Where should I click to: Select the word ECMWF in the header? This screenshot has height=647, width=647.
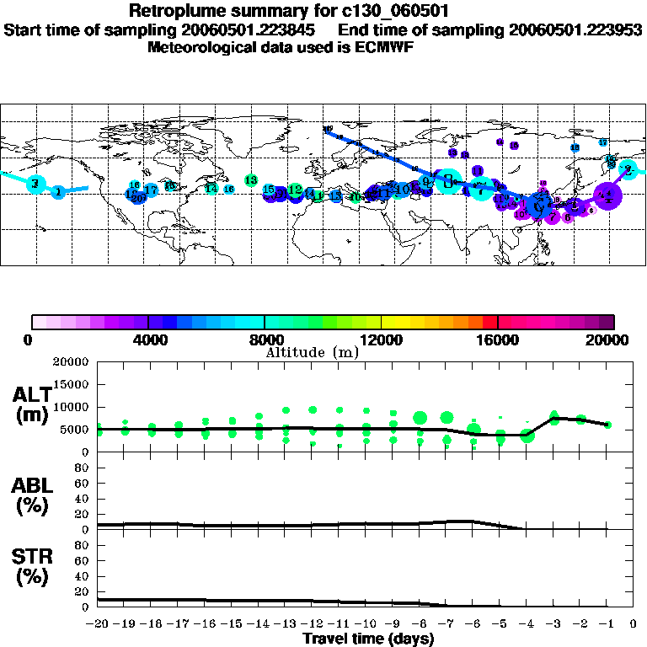coord(384,47)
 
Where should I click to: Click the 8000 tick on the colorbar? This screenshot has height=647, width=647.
coord(265,340)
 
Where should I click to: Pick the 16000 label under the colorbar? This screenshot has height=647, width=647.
coord(497,340)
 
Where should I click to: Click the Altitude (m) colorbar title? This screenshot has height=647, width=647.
coord(311,352)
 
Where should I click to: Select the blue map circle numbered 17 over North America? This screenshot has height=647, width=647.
coord(151,190)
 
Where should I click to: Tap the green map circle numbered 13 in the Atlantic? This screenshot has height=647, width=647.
coord(250,180)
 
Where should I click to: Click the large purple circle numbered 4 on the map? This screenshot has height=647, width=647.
coord(607,195)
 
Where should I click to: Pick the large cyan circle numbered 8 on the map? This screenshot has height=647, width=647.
coord(448,179)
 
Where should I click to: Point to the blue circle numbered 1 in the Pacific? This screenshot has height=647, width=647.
coord(57,193)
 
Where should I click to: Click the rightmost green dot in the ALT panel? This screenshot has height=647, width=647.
coord(607,425)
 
